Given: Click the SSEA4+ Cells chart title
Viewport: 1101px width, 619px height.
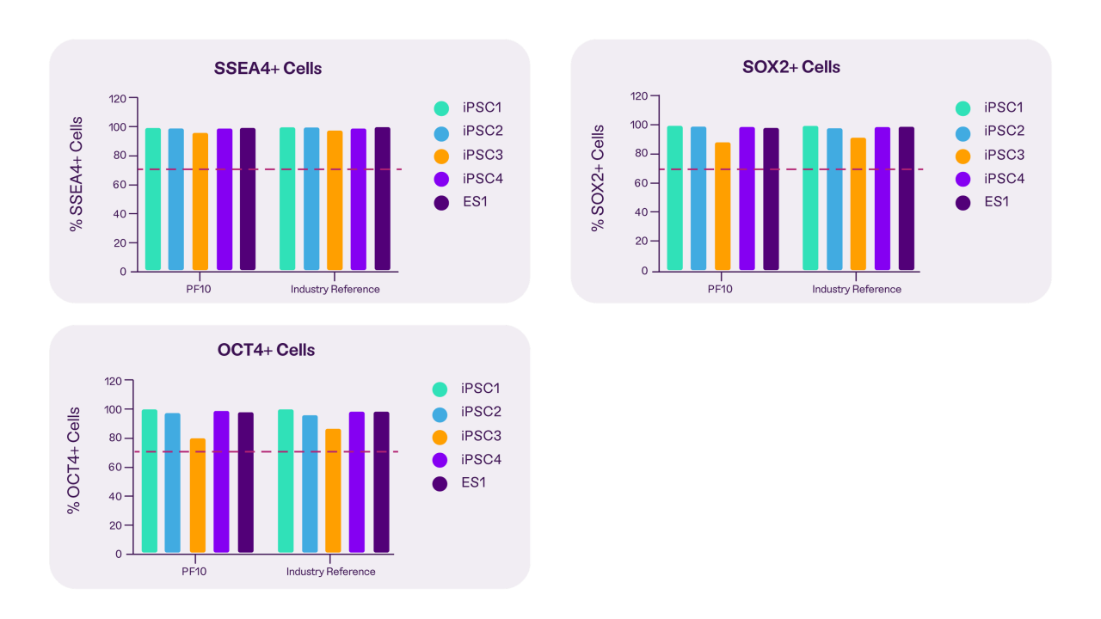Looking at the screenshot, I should [x=268, y=68].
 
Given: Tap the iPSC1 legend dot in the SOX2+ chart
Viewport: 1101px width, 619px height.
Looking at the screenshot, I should [x=963, y=108].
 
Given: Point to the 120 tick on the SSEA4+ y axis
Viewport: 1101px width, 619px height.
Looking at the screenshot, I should [x=117, y=99].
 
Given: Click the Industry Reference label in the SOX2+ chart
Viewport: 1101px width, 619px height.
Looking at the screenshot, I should [x=857, y=289].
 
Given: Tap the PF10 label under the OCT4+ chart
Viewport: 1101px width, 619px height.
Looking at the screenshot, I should [x=194, y=572].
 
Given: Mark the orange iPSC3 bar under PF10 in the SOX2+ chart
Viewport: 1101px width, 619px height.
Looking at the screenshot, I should [x=723, y=206].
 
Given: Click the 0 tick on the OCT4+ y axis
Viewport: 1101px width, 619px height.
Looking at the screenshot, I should [x=118, y=554].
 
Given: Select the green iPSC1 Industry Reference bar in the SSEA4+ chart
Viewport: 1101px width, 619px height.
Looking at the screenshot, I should [x=287, y=199].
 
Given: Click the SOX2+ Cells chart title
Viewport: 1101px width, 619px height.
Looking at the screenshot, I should [x=790, y=67].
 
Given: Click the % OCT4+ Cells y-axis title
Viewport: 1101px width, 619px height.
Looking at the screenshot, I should [x=75, y=461].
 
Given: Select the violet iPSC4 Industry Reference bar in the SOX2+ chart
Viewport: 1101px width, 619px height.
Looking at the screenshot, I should [x=883, y=199].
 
